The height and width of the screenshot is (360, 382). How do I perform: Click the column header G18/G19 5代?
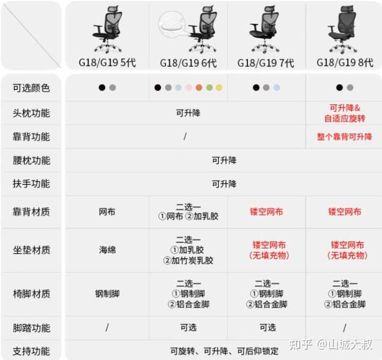click(x=107, y=63)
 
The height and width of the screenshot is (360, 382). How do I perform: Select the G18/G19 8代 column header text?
click(x=345, y=62)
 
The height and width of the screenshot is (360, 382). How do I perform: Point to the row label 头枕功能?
click(x=31, y=113)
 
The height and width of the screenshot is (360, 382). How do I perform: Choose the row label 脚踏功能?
click(x=31, y=328)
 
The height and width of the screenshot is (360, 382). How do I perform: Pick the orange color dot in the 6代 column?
click(x=198, y=88)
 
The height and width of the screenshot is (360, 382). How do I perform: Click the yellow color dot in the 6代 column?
click(x=219, y=88)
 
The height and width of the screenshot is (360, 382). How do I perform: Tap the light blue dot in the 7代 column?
click(x=276, y=88)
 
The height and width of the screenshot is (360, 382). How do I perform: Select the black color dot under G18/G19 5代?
click(x=102, y=88)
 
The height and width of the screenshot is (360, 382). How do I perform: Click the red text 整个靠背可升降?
click(x=345, y=137)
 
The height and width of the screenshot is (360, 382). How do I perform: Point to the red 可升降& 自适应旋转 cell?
click(x=345, y=113)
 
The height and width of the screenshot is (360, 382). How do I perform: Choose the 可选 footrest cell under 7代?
click(x=267, y=328)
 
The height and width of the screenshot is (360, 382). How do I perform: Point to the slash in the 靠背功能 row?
click(x=185, y=136)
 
